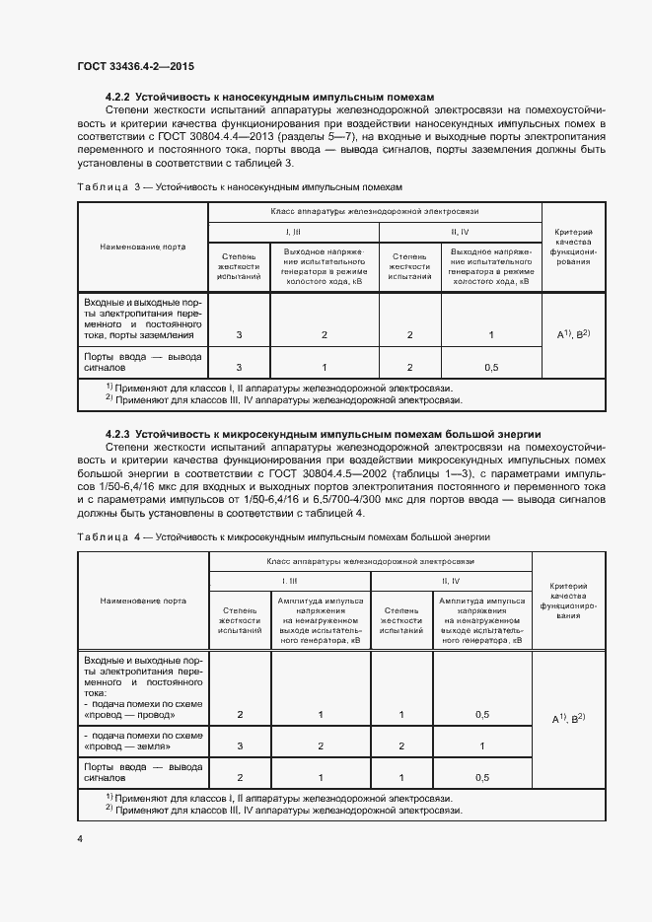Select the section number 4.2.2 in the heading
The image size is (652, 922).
[118, 99]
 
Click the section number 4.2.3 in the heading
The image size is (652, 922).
[118, 434]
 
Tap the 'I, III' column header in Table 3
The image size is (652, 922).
[294, 231]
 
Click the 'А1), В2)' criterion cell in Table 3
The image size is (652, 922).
[573, 335]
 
